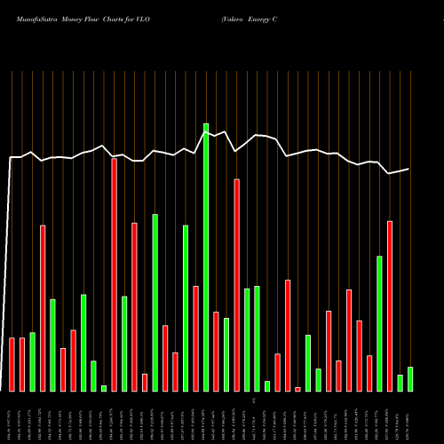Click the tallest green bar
pos(206,258)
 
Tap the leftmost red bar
pos(12,364)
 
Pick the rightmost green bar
pos(410,379)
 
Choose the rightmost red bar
pos(390,306)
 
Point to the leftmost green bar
pos(33,361)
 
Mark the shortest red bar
pos(298,389)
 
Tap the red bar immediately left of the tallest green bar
pos(196,338)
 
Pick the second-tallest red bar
pos(237,285)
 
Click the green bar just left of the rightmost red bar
pos(380,323)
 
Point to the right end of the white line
pos(409,169)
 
